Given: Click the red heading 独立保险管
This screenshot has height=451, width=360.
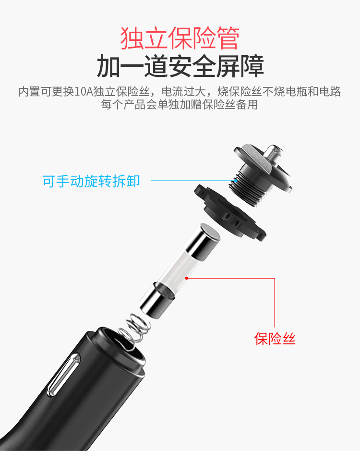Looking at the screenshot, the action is (180, 38).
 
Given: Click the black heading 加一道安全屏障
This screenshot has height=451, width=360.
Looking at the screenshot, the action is (180, 66).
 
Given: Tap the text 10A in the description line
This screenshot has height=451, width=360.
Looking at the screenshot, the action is (84, 91).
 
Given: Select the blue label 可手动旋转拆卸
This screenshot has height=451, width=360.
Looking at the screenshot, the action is (91, 181).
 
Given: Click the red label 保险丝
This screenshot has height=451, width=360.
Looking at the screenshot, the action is (275, 339).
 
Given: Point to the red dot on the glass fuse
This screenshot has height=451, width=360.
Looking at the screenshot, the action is (187, 278).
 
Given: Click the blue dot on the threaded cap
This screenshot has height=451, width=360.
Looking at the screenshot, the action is (235, 181).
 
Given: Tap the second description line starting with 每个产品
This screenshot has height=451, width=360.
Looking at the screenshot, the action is (179, 104).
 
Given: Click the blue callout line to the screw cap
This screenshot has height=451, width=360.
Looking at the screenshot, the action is (193, 181).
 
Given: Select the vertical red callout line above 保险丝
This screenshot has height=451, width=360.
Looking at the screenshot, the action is (275, 303).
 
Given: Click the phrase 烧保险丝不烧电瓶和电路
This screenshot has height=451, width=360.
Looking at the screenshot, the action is (279, 91).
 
